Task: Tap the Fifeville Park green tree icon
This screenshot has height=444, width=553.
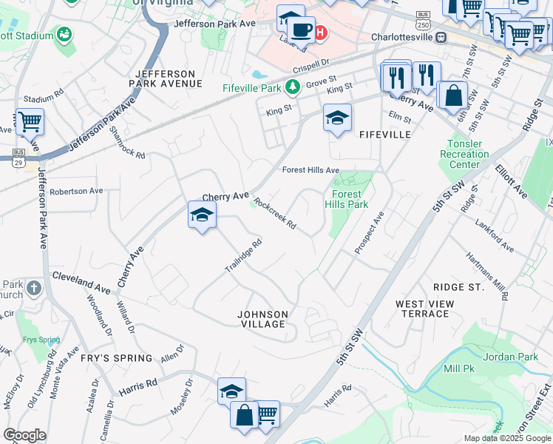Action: pyautogui.click(x=293, y=88)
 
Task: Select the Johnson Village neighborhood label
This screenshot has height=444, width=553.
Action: pyautogui.click(x=262, y=319)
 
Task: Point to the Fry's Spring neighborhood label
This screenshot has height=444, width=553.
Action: pyautogui.click(x=118, y=358)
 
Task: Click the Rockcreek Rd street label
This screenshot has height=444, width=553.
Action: pyautogui.click(x=274, y=213)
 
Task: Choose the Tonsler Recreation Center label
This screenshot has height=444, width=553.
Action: pyautogui.click(x=468, y=154)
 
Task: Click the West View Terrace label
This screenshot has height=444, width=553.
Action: pyautogui.click(x=422, y=309)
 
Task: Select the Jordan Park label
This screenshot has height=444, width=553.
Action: pyautogui.click(x=510, y=357)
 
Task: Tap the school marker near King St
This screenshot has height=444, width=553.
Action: pyautogui.click(x=337, y=118)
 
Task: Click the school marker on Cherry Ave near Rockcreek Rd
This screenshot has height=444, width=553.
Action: pyautogui.click(x=202, y=215)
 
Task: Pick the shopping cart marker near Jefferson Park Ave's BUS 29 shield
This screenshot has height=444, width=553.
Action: pyautogui.click(x=30, y=122)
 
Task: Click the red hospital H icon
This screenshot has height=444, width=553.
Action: pyautogui.click(x=320, y=32)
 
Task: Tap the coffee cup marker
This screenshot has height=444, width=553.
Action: pyautogui.click(x=301, y=30)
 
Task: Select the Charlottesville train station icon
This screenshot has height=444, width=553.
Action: pyautogui.click(x=441, y=36)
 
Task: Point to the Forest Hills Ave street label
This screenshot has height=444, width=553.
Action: pyautogui.click(x=311, y=170)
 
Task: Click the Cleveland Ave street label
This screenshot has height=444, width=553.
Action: pyautogui.click(x=81, y=283)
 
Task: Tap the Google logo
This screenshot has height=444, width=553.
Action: pyautogui.click(x=24, y=435)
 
